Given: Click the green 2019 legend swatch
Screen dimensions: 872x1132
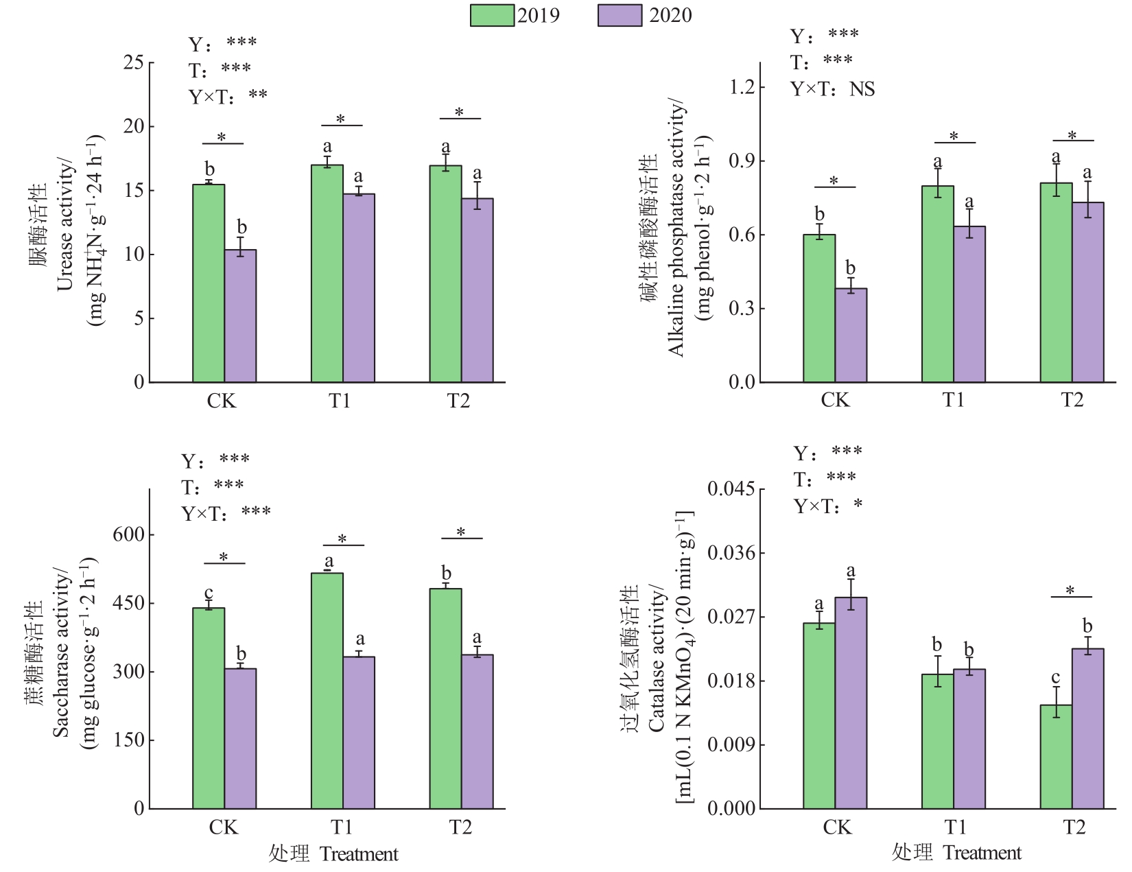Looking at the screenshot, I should (492, 15).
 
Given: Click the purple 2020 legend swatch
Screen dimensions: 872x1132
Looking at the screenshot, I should (620, 15).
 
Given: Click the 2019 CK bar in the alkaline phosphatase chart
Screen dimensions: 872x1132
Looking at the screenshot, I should (819, 308).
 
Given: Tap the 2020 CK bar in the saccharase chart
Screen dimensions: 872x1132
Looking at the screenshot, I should (240, 738).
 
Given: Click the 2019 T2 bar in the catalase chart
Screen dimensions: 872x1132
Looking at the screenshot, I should (1056, 757).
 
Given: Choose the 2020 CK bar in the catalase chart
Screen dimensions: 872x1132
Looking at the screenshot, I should (851, 703).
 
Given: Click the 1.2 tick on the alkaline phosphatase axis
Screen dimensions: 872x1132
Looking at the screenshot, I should (742, 87).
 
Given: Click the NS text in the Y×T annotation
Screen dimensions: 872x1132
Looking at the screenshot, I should (862, 89).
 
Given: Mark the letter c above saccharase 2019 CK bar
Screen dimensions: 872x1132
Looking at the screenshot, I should (209, 593).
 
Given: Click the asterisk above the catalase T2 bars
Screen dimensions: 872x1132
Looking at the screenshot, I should (1070, 590).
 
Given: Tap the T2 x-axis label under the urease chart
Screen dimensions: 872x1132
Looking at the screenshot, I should (459, 401).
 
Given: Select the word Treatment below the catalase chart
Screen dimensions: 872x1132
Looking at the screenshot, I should (982, 853).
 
